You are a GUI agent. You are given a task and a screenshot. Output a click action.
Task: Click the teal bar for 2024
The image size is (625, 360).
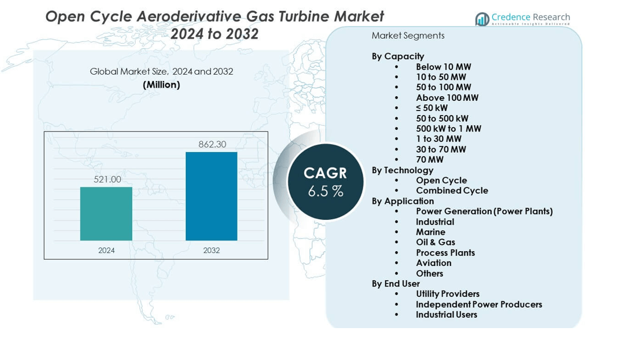pos(106,214)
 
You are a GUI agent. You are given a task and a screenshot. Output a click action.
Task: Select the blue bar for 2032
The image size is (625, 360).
pos(211,196)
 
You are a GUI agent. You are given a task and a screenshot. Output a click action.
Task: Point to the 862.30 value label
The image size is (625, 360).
pos(212,145)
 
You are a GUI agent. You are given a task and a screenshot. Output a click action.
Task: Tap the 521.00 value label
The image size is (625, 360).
pos(107,179)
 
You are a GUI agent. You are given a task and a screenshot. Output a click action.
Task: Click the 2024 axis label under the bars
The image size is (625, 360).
pos(107,251)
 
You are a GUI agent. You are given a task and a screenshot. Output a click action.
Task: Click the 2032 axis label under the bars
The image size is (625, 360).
pos(211,251)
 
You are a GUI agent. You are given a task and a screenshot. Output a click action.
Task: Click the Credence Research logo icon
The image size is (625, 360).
pos(482,19)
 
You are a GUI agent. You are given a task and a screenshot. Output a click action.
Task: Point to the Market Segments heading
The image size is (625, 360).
pos(408,35)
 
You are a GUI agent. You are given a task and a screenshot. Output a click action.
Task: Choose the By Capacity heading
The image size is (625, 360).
pos(398,56)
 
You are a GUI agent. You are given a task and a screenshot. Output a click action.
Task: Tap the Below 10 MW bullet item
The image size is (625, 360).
pos(443,67)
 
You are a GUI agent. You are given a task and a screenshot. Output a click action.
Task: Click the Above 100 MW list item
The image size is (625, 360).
pos(447,97)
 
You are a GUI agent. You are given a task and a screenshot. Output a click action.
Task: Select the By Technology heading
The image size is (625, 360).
pos(402,170)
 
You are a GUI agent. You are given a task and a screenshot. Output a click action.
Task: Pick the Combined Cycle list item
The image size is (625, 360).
pos(452,190)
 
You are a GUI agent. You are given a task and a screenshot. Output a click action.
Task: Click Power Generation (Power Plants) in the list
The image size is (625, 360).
pos(484,211)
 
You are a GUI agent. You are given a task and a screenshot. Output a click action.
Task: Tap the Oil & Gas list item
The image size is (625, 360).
pos(435,242)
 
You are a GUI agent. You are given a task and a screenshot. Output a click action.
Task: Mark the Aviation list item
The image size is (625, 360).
pos(434,263)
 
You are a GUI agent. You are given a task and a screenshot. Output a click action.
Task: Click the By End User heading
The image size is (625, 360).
pos(395,283)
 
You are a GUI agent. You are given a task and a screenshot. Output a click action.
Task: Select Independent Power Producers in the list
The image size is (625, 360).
pos(479,304)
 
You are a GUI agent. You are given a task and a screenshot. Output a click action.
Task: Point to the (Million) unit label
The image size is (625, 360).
pos(161,84)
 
